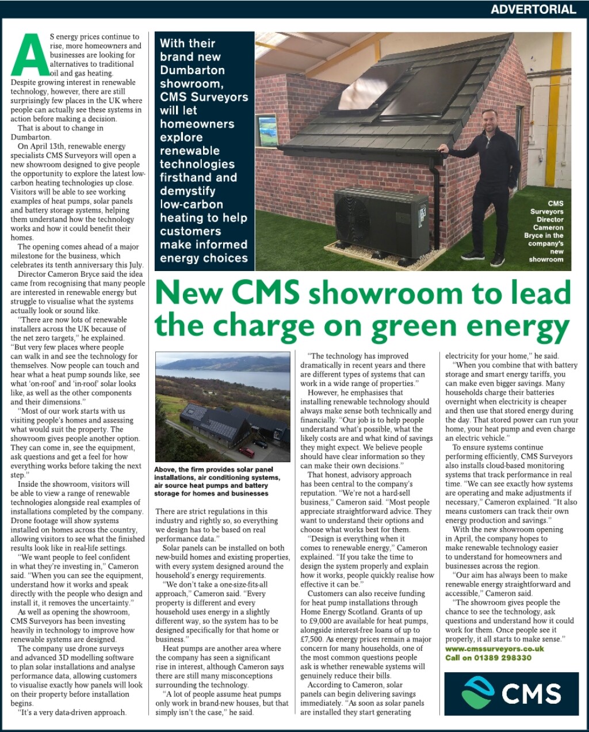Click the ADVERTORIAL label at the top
533,9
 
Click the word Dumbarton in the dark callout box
192,70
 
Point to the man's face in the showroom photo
491,121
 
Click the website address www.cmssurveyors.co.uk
494,649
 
